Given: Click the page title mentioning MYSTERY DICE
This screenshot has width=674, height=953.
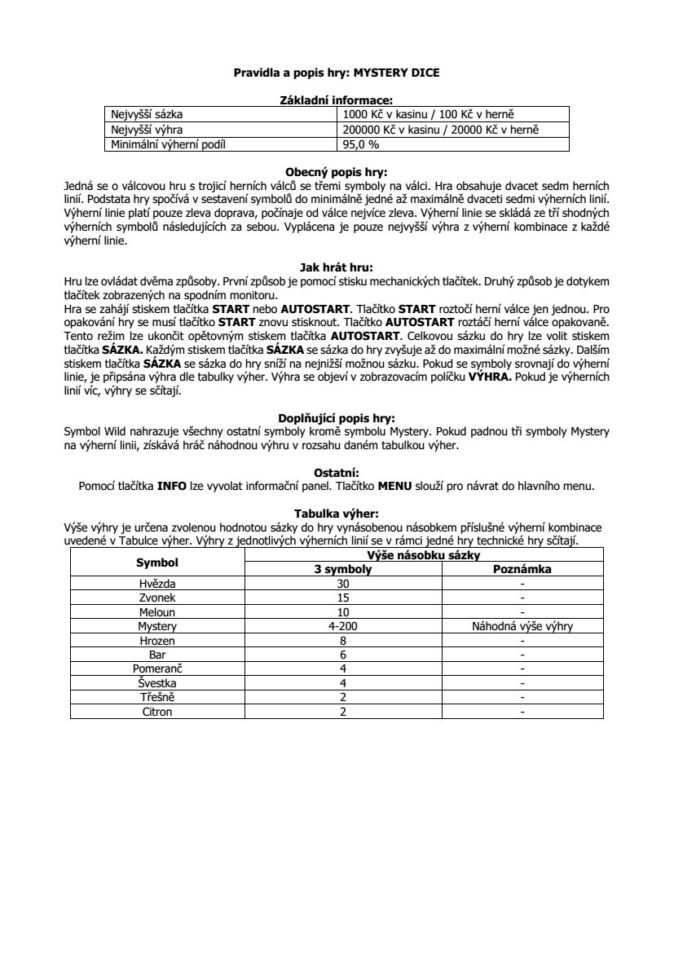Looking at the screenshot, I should [x=337, y=73].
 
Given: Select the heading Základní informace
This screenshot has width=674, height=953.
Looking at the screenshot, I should [x=337, y=99].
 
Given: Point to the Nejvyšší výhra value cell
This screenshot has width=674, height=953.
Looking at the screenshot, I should [x=441, y=130].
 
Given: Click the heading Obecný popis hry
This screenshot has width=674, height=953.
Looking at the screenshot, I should [x=337, y=172].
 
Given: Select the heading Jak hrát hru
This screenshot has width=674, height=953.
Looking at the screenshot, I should [x=337, y=266].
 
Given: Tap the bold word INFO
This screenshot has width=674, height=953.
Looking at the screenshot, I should [x=172, y=486].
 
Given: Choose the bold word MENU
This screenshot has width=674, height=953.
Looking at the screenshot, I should [x=395, y=486].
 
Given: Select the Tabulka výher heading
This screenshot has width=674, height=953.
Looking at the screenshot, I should [x=337, y=514].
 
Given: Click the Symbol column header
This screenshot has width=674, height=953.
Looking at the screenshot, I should [x=157, y=563].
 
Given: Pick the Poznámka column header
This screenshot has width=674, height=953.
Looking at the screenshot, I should [x=522, y=569].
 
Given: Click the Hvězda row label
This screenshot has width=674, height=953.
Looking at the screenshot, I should [x=157, y=584].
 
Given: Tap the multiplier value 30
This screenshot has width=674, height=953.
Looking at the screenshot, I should [x=343, y=584].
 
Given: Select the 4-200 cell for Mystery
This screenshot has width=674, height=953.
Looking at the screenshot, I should [x=343, y=626].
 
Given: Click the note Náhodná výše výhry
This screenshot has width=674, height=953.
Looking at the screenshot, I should [x=522, y=626].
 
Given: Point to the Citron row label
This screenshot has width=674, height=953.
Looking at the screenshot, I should [x=157, y=712].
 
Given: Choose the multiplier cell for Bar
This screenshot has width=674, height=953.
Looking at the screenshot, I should [x=343, y=655].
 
